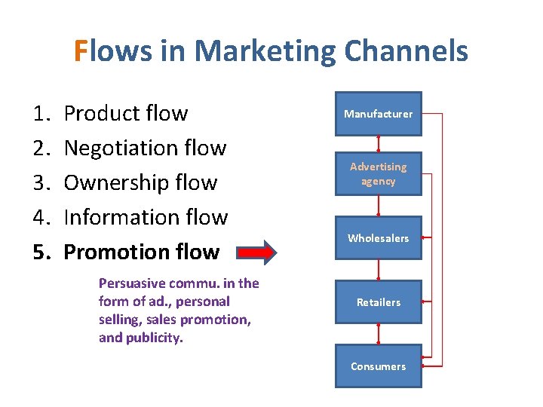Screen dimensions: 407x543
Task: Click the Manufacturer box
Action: [x=378, y=114]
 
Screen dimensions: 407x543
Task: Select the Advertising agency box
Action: [x=378, y=173]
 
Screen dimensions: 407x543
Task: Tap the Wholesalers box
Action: [x=378, y=238]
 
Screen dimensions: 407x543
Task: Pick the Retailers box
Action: [x=378, y=302]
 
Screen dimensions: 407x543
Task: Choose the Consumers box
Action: [x=378, y=366]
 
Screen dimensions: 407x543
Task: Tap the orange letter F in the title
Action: [x=81, y=51]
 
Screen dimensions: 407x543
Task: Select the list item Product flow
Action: [x=126, y=113]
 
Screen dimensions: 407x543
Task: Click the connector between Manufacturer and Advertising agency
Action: [x=378, y=143]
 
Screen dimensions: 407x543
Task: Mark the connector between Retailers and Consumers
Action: [x=378, y=334]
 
